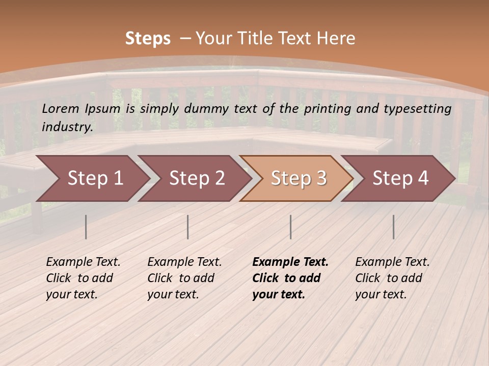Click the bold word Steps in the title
(x=148, y=39)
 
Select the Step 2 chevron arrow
(x=197, y=178)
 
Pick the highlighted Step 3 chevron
(x=298, y=178)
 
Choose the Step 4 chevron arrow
(x=400, y=178)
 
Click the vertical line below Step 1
(x=86, y=227)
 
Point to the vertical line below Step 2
(x=188, y=227)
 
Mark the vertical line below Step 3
(x=290, y=227)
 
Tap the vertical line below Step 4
(x=393, y=227)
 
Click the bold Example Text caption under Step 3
(x=290, y=278)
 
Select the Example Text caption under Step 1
(x=83, y=278)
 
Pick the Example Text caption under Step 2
(x=184, y=278)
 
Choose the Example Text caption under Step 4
(x=392, y=278)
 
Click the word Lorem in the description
(x=61, y=108)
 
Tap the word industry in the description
(x=67, y=127)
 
